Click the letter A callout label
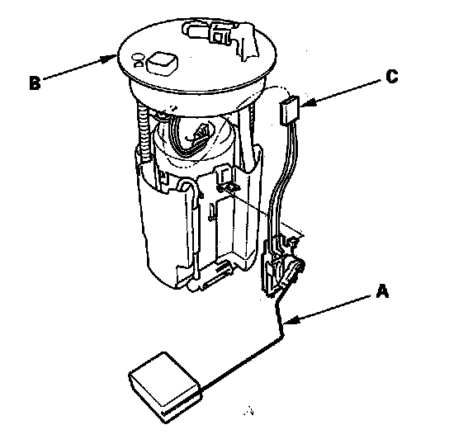(382, 291)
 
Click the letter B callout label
(35, 83)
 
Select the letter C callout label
(392, 76)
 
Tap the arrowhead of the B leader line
(111, 58)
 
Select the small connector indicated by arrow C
(289, 111)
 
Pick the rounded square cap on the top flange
(162, 64)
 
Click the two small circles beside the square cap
(139, 60)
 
